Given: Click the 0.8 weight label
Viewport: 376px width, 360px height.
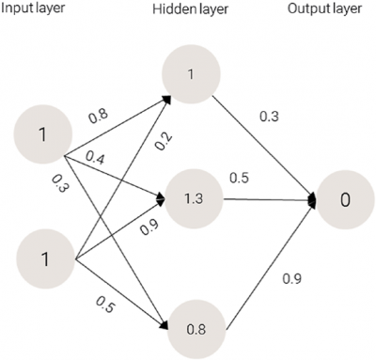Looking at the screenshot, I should point(97,117).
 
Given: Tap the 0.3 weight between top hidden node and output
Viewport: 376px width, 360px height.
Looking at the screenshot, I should point(268,117).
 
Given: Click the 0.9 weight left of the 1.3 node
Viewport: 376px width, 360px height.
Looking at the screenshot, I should point(149,227).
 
